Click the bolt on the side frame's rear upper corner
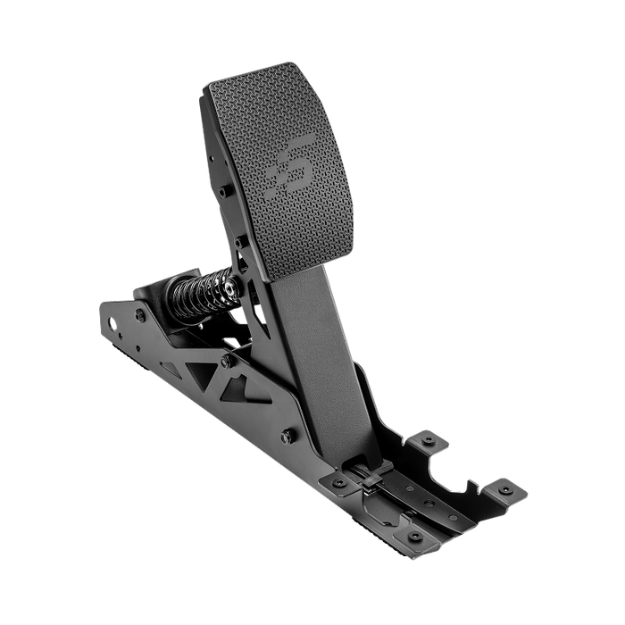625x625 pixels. point(141,315)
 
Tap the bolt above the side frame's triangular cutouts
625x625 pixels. point(227,362)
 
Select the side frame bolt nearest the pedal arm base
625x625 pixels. point(287,437)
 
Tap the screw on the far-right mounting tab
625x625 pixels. point(506,489)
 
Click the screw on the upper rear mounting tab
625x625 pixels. point(429,440)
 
